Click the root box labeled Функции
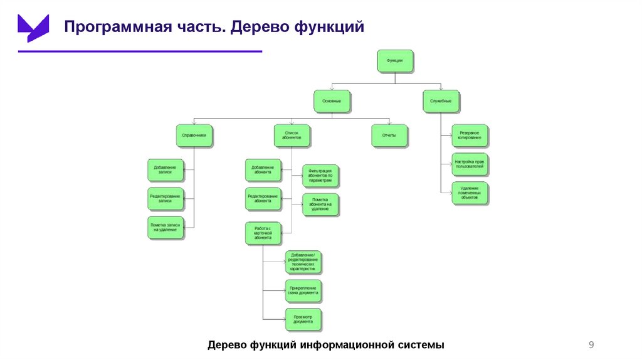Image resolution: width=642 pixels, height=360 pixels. pyautogui.click(x=395, y=61)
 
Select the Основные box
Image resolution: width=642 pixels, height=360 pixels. pyautogui.click(x=332, y=101)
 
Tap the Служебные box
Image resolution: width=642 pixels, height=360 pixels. pyautogui.click(x=441, y=101)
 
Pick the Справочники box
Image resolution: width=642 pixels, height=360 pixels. pyautogui.click(x=194, y=135)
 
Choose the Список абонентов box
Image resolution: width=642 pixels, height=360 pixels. pyautogui.click(x=292, y=135)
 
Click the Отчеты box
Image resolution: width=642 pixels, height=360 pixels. pyautogui.click(x=389, y=135)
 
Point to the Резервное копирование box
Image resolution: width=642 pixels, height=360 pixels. pyautogui.click(x=470, y=135)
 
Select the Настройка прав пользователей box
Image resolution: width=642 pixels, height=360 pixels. pyautogui.click(x=470, y=165)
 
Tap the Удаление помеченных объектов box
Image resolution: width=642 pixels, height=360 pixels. pyautogui.click(x=470, y=194)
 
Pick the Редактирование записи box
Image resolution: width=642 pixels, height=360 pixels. pyautogui.click(x=166, y=198)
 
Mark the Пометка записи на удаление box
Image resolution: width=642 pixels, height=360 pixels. pyautogui.click(x=166, y=227)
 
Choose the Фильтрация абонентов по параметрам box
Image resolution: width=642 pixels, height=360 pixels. pyautogui.click(x=320, y=176)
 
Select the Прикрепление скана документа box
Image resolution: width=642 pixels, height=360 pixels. pyautogui.click(x=303, y=290)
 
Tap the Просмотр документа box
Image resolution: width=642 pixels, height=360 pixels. pyautogui.click(x=303, y=319)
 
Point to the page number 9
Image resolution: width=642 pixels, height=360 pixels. pyautogui.click(x=591, y=344)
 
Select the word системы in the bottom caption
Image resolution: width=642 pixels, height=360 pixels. pyautogui.click(x=419, y=345)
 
